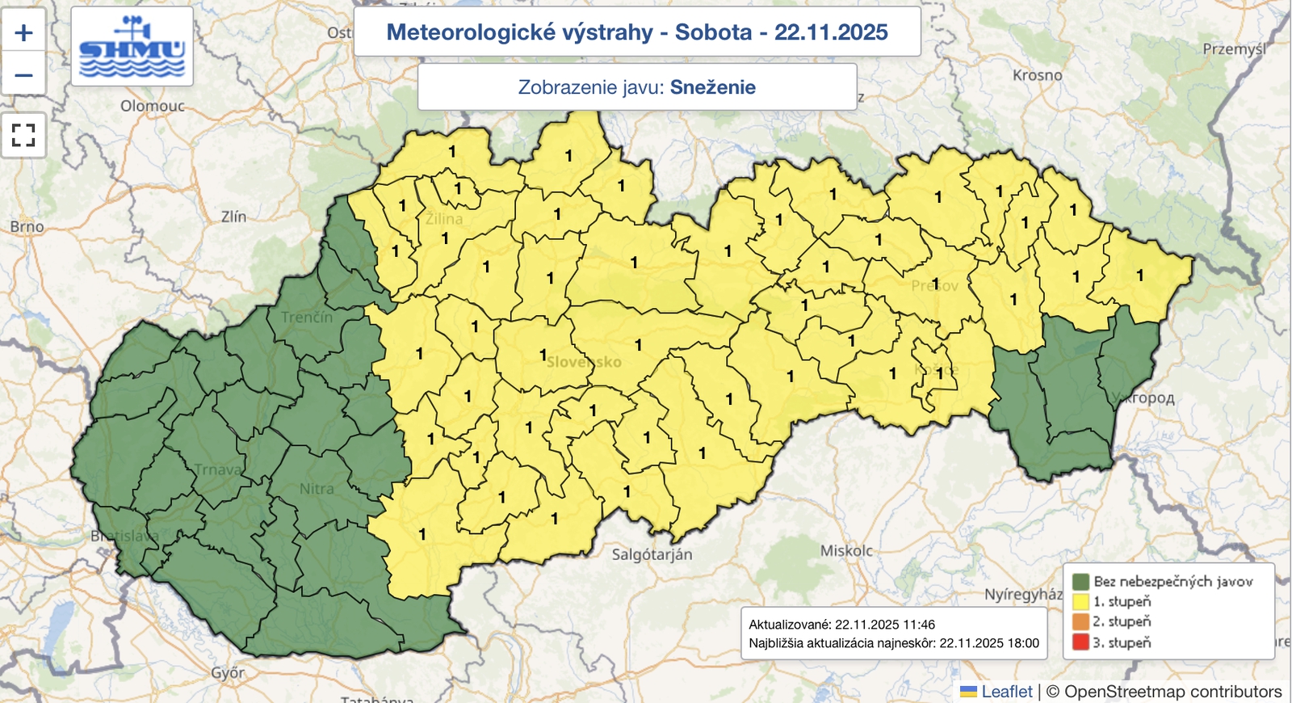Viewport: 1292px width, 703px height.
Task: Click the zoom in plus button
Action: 24,32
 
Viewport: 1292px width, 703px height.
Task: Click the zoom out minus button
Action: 24,75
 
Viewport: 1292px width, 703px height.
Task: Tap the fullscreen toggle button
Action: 24,135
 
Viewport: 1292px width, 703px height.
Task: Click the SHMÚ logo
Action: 132,47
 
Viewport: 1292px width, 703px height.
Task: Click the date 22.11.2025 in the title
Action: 831,32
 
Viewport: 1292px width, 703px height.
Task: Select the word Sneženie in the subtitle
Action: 712,87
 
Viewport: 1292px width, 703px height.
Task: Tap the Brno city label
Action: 27,227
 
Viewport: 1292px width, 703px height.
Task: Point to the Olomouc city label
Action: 153,106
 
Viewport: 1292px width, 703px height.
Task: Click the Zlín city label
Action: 233,217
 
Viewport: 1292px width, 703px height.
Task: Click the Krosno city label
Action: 1037,75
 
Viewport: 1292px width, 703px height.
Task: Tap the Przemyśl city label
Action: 1234,49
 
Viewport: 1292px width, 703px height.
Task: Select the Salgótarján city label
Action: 652,554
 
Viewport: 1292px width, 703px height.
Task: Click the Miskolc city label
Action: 846,550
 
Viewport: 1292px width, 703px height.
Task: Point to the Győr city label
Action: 228,672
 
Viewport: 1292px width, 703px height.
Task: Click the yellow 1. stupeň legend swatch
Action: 1080,601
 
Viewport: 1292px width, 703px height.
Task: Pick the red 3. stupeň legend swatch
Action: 1080,642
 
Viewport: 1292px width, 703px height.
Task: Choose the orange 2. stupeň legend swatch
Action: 1080,621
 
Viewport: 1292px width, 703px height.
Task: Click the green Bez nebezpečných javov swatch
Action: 1080,581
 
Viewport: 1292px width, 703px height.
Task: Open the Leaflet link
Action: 1006,692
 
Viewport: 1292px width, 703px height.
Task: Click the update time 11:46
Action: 919,625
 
